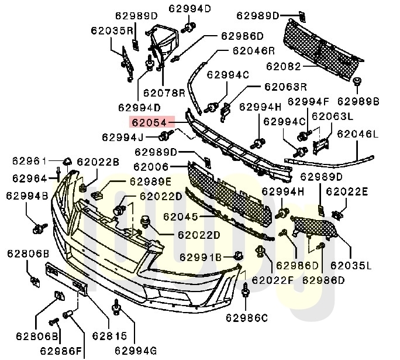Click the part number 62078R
(164, 92)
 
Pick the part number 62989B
(358, 102)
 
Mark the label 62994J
(122, 137)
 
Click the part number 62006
(155, 167)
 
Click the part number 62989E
(150, 181)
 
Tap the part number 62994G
(136, 350)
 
